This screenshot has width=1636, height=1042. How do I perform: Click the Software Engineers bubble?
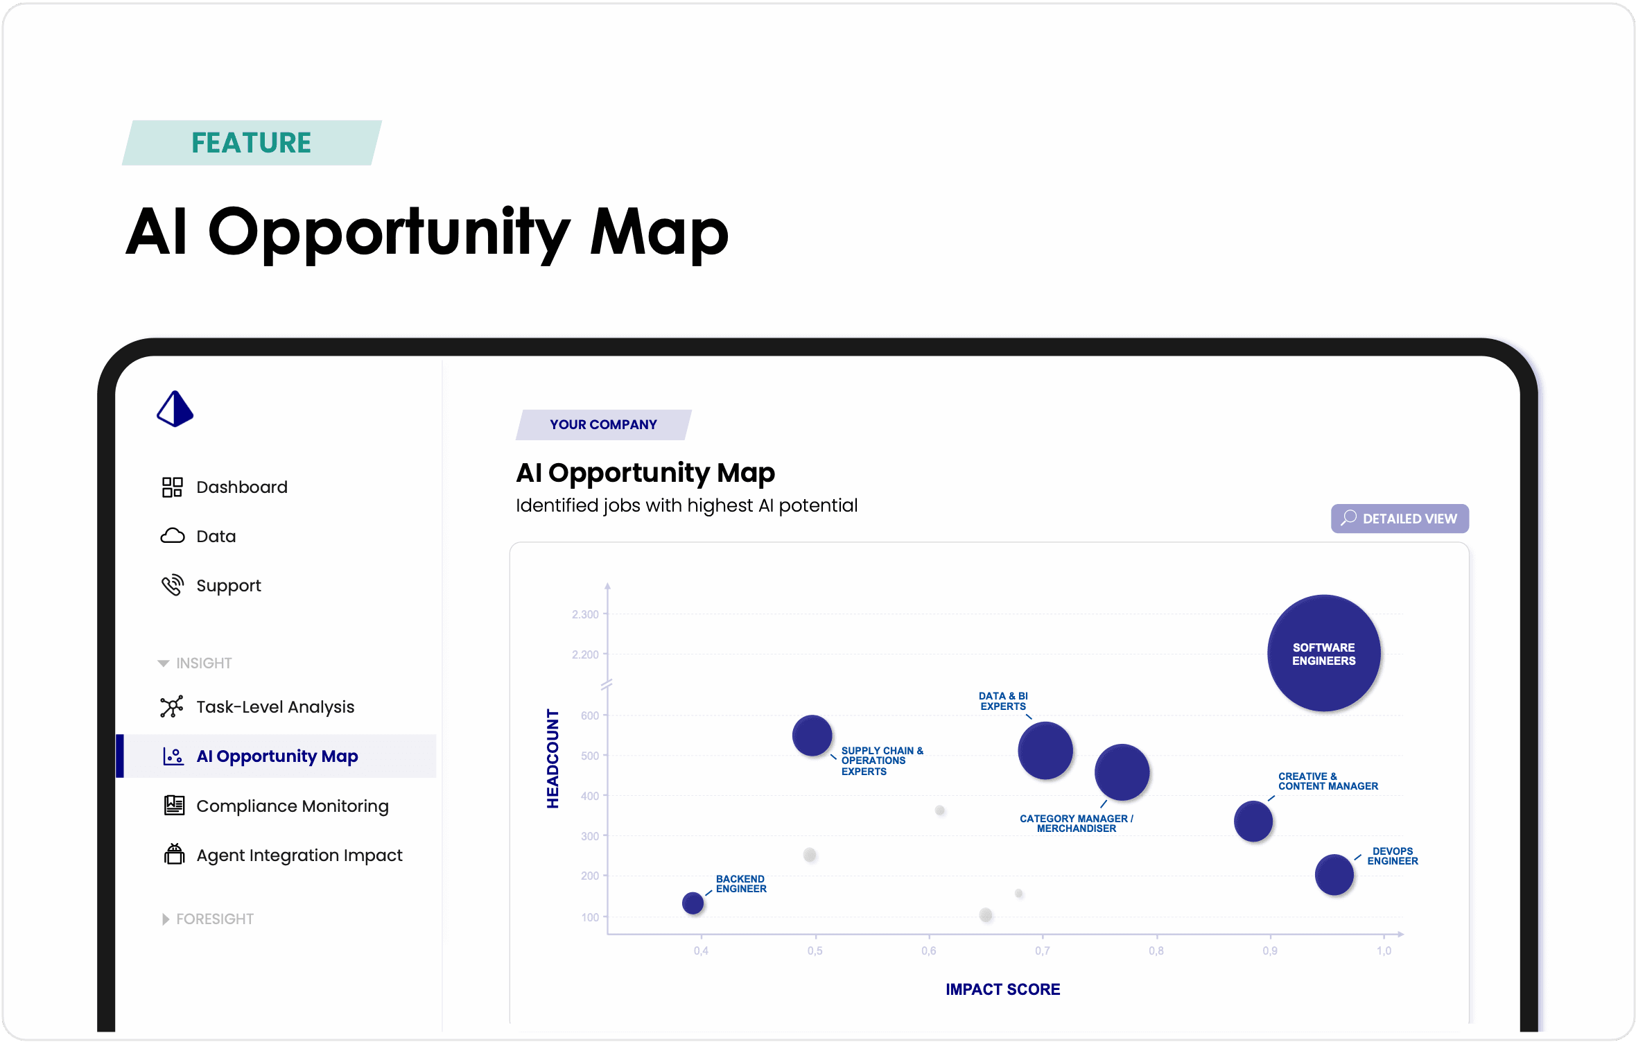tap(1323, 653)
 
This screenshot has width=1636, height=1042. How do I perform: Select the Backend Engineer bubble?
tap(693, 903)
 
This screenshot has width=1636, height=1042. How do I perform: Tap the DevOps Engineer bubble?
tap(1334, 874)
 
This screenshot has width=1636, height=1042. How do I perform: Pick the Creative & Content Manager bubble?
tap(1253, 822)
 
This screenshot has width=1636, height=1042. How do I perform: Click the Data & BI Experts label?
tap(1003, 701)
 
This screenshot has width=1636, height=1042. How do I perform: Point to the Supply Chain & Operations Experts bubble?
tap(812, 736)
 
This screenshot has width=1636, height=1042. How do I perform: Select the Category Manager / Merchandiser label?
tap(1076, 824)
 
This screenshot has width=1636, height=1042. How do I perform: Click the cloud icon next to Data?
tap(173, 536)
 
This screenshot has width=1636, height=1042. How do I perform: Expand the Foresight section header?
tap(207, 919)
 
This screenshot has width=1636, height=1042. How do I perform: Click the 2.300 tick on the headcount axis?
tap(585, 614)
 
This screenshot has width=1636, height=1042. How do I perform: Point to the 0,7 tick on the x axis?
tap(1042, 950)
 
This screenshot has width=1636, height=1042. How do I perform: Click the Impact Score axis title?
tap(1002, 989)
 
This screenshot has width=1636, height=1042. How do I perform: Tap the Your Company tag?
tap(603, 424)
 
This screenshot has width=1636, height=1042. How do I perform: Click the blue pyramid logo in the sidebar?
tap(175, 408)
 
